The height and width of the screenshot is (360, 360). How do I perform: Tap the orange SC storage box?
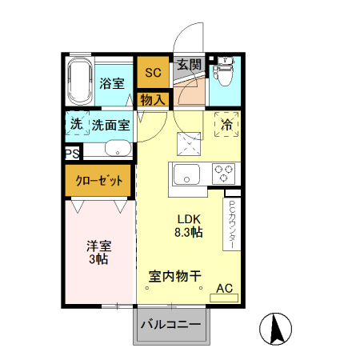pyautogui.click(x=152, y=73)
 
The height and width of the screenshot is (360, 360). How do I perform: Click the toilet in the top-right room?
pyautogui.click(x=223, y=73)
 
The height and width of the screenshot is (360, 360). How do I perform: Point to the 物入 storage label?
pyautogui.click(x=152, y=100)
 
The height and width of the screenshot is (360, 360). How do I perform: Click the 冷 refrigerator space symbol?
pyautogui.click(x=226, y=124)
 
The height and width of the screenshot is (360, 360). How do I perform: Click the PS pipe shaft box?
pyautogui.click(x=72, y=151)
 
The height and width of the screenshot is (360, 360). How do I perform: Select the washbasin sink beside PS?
pyautogui.click(x=117, y=150)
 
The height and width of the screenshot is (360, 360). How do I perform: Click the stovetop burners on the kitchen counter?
pyautogui.click(x=223, y=173)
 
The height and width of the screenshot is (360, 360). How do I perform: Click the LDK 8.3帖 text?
pyautogui.click(x=189, y=226)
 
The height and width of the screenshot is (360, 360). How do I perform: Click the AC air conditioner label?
pyautogui.click(x=224, y=288)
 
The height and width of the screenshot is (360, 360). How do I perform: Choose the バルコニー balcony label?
pyautogui.click(x=173, y=325)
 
